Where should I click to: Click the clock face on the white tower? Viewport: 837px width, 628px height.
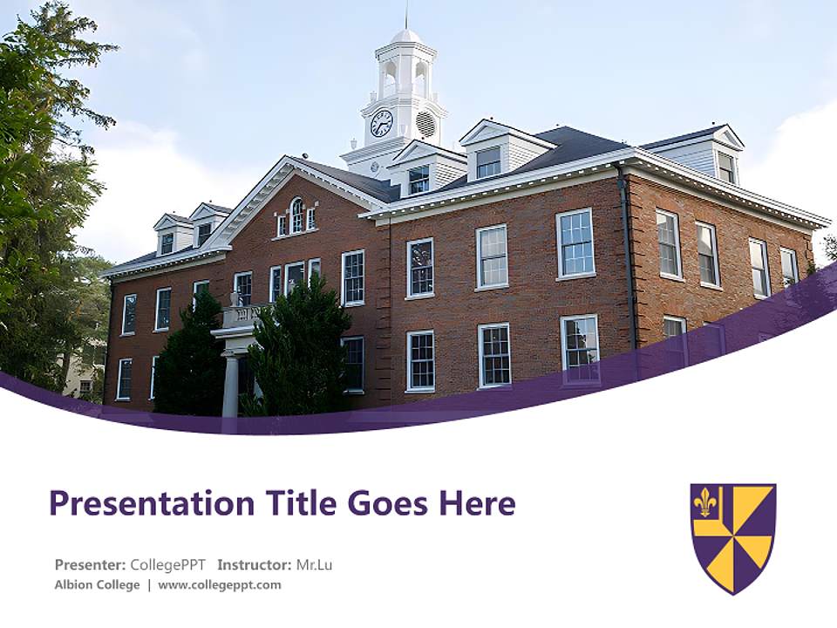[x=381, y=123]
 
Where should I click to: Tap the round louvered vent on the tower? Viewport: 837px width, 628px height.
[x=426, y=123]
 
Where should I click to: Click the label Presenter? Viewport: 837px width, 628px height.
[x=90, y=564]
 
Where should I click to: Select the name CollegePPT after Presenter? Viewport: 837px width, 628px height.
[x=167, y=564]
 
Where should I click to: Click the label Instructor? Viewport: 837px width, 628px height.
[x=254, y=564]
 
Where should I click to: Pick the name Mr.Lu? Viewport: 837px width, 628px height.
[x=314, y=564]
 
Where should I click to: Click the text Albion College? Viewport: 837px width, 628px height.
[x=97, y=584]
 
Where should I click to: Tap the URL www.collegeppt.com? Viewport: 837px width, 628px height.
[x=220, y=584]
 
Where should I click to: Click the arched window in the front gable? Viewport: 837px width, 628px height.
[x=296, y=215]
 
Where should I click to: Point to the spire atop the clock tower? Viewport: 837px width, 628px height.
[x=405, y=16]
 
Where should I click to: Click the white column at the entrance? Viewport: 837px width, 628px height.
[x=230, y=385]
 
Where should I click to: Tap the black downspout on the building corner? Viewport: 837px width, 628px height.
[x=628, y=253]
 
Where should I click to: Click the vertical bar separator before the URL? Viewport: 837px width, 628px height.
[x=148, y=584]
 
